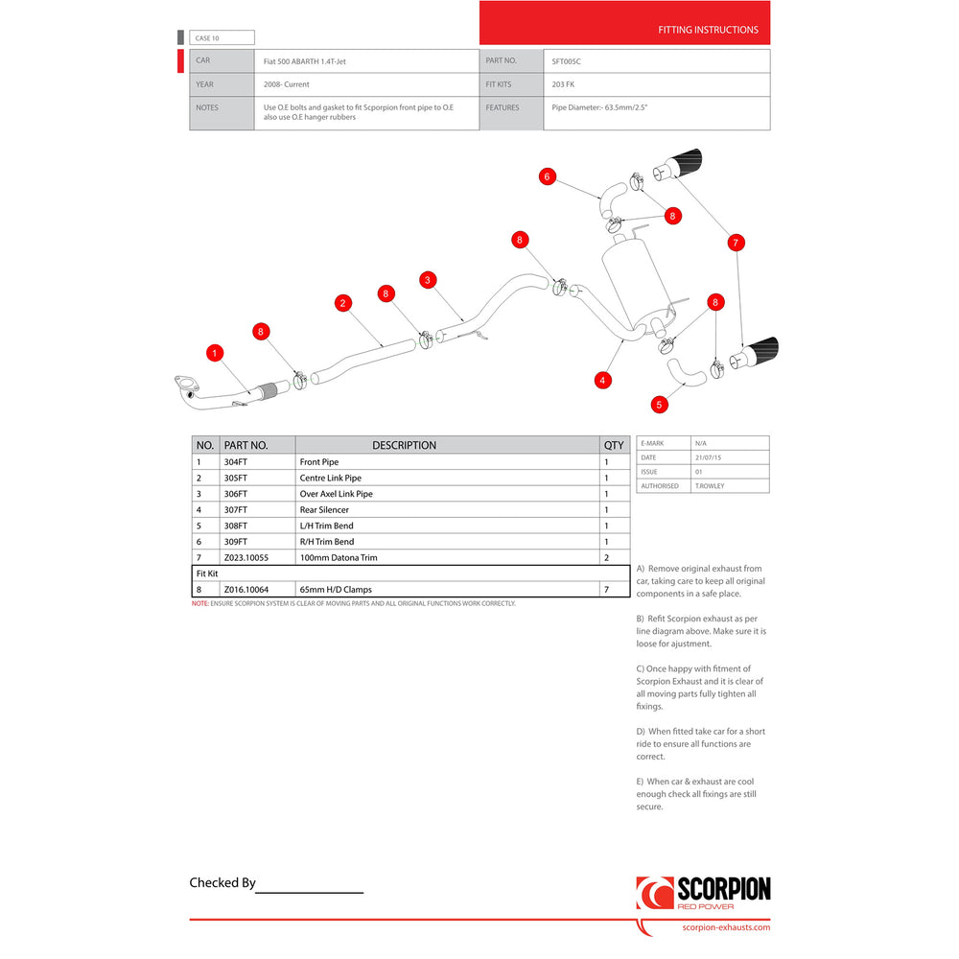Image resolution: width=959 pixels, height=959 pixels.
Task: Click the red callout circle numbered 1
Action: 215,353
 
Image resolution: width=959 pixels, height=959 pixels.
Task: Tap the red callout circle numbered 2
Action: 342,303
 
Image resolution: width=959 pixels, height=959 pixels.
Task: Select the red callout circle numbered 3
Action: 428,279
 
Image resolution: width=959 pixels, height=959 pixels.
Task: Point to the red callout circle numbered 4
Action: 602,380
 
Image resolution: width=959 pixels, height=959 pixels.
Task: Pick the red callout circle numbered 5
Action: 659,405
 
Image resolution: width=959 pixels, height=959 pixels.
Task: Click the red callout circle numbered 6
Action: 547,176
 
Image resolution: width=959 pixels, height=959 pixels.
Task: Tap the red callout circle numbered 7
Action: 736,243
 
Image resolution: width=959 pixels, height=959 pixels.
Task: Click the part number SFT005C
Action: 567,61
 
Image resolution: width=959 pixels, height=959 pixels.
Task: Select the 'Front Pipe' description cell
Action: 319,462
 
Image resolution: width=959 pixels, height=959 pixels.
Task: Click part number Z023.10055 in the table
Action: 246,558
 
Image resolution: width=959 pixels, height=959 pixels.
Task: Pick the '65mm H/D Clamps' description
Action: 336,589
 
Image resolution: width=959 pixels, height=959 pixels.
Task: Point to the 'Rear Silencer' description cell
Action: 324,510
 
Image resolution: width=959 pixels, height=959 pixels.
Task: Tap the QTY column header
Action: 614,445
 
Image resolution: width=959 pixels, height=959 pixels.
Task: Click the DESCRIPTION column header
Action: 404,445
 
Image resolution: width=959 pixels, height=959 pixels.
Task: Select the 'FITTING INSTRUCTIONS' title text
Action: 708,30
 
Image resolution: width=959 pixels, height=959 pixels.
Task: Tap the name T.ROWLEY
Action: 712,486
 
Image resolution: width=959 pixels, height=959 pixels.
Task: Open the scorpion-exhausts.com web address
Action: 725,927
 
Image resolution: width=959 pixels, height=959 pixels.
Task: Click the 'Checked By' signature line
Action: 310,891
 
